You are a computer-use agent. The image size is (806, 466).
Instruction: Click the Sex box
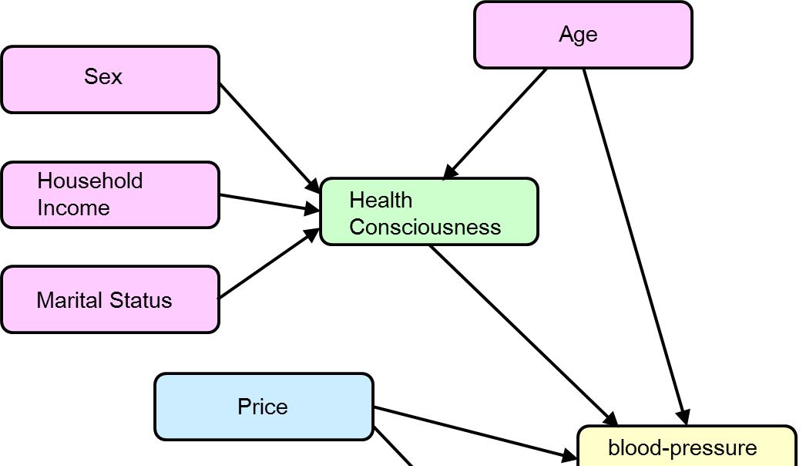pos(110,79)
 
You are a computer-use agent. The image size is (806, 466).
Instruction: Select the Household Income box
pos(110,195)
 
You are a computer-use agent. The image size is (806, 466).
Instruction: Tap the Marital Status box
pos(110,299)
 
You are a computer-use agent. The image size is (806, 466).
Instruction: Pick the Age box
pos(583,35)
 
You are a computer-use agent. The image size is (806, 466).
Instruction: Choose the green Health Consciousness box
pos(428,212)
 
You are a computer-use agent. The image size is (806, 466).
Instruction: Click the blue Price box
pos(264,407)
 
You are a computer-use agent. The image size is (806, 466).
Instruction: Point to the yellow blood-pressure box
pos(686,448)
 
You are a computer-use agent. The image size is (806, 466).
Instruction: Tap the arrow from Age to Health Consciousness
pos(495,123)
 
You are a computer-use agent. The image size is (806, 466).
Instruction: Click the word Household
pos(90,181)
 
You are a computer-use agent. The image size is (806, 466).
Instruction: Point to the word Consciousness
pos(425,228)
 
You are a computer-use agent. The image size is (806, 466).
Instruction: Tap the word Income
pos(73,208)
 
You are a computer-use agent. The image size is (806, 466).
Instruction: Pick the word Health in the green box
pos(381,201)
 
